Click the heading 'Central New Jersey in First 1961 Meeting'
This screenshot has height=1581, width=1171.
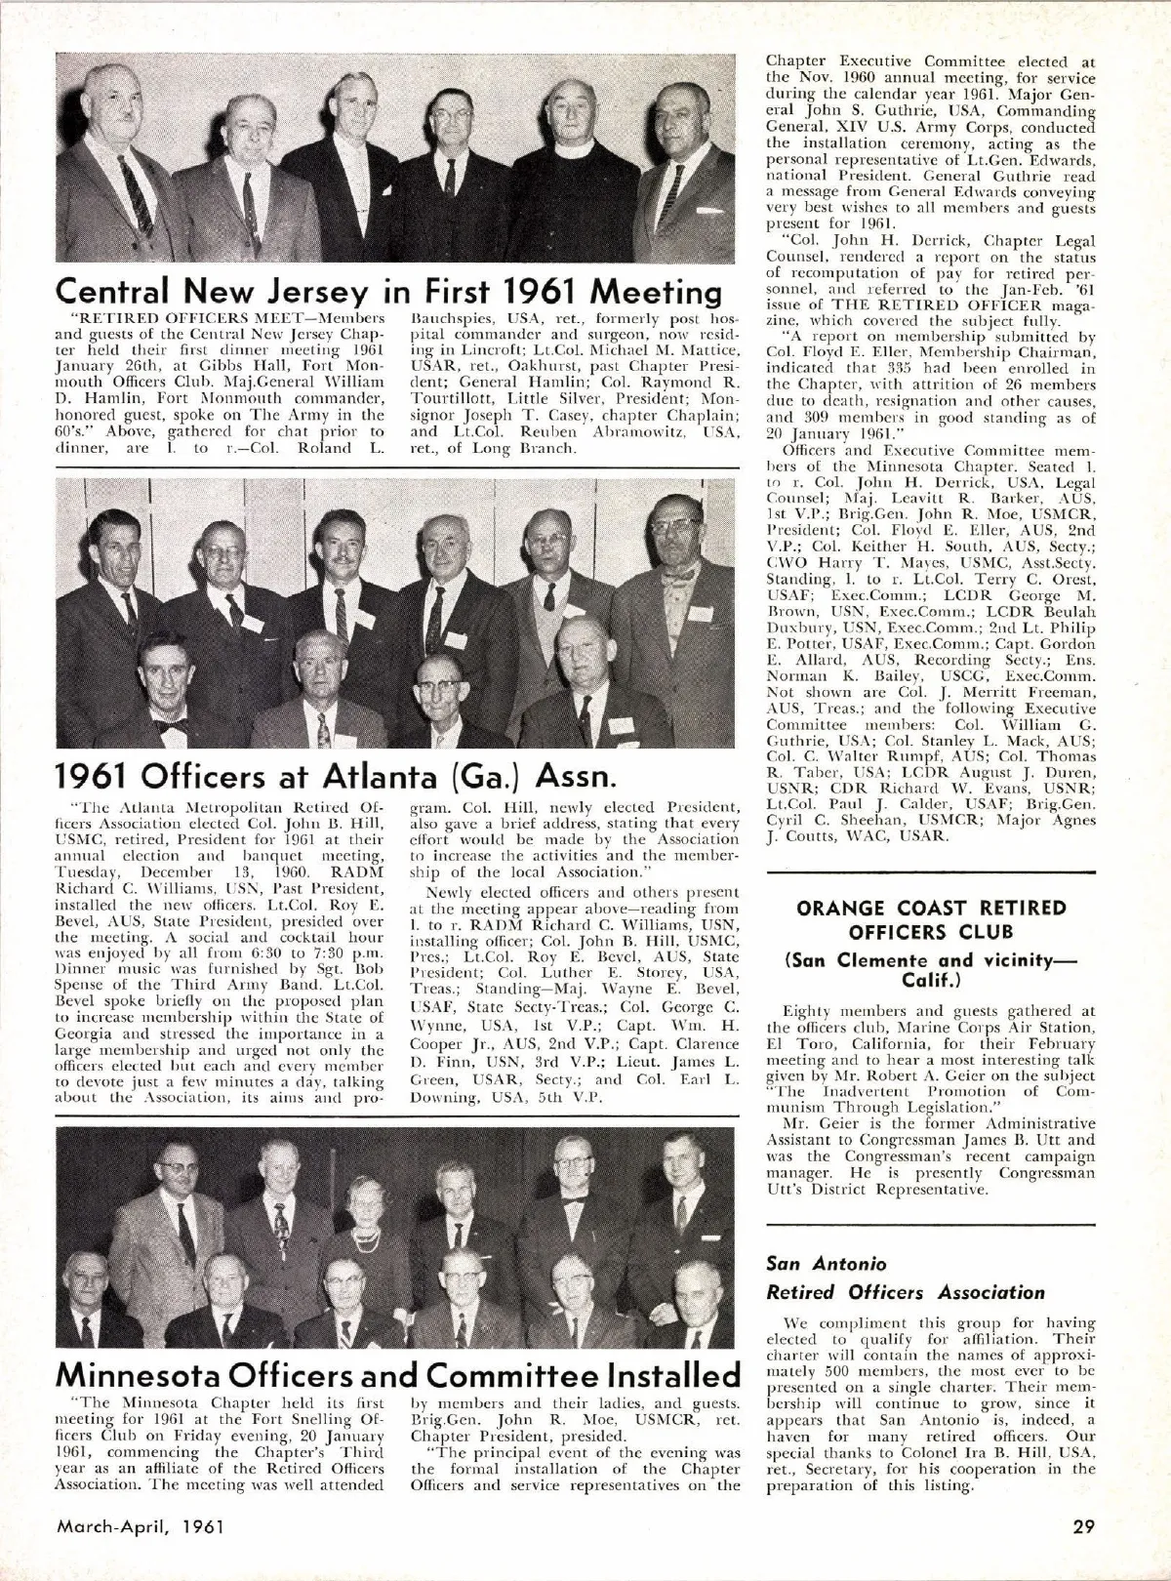[x=387, y=291]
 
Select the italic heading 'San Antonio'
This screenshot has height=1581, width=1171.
[x=827, y=1264]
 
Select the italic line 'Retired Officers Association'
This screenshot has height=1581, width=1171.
[x=906, y=1292]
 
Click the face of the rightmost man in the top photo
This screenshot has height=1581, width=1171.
[x=682, y=124]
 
